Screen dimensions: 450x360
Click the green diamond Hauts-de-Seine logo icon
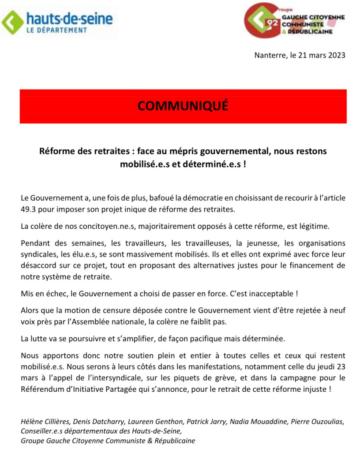12,22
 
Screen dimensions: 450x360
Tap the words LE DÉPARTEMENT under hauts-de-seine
56,30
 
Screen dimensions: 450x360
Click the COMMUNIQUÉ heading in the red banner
183,106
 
